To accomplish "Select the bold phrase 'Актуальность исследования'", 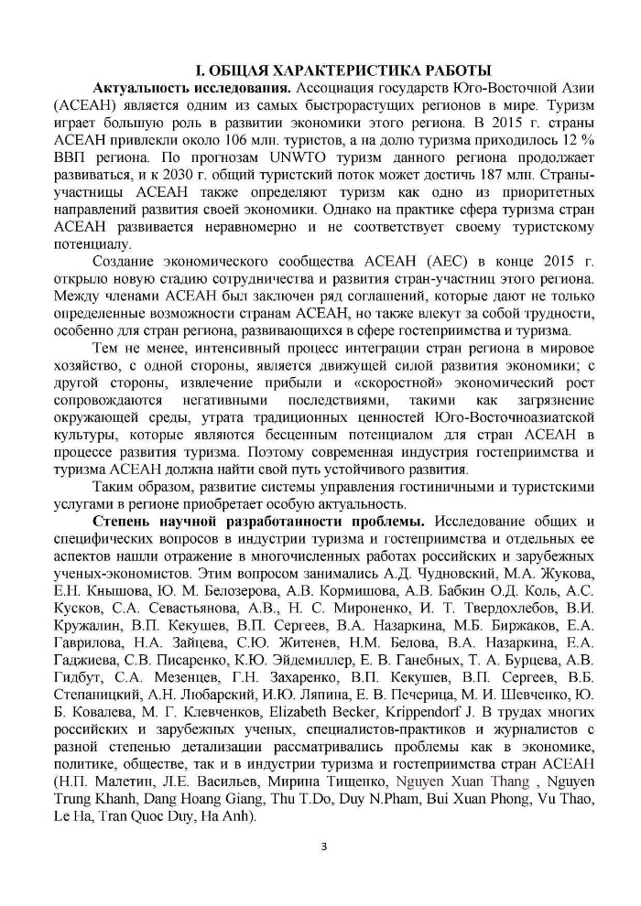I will pos(191,89).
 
